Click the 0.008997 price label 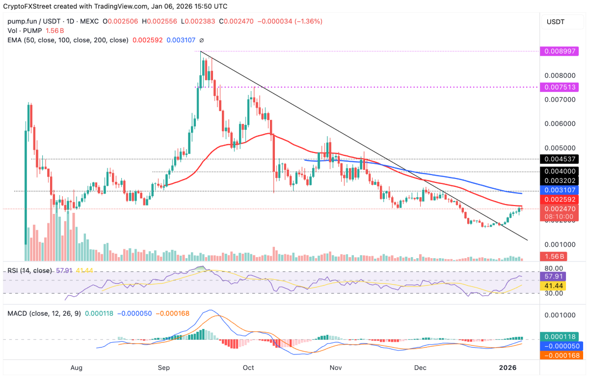click(559, 51)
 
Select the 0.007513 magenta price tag click(559, 87)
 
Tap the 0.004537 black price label click(559, 159)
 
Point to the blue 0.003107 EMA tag click(559, 190)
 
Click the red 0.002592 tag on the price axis click(559, 200)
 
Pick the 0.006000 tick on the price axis click(559, 123)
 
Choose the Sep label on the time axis click(164, 367)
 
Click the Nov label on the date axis click(335, 367)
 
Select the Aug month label click(76, 367)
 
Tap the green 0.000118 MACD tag click(559, 337)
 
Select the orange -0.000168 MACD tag click(559, 355)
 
